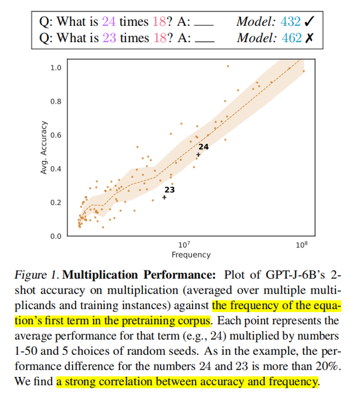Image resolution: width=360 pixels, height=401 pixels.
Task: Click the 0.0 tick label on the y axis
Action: [56, 236]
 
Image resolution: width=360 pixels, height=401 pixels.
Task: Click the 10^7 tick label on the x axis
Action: [184, 245]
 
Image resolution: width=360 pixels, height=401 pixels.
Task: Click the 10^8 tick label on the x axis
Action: [301, 245]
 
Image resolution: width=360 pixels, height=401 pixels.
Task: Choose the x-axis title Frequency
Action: [191, 255]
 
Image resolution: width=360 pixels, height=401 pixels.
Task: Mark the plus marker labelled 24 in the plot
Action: [199, 155]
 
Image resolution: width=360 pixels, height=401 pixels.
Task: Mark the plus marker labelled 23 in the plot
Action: [164, 197]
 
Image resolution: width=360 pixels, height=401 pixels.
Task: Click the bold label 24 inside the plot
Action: [203, 146]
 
